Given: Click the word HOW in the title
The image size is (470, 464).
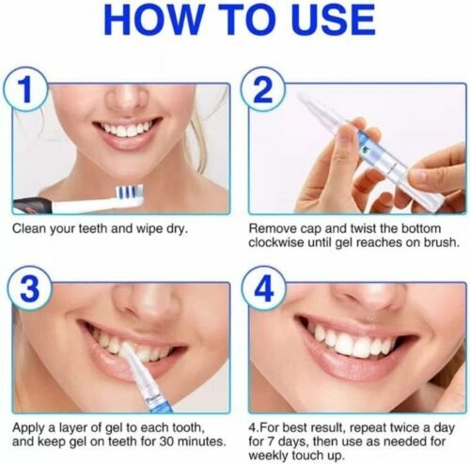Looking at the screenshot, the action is pyautogui.click(x=153, y=20).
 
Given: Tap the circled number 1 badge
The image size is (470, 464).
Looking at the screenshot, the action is pyautogui.click(x=25, y=90).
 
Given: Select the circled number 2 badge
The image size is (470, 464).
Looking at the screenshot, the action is pyautogui.click(x=263, y=90).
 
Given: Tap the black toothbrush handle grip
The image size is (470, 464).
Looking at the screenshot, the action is pyautogui.click(x=32, y=207).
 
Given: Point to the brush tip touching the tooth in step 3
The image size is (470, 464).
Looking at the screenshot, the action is pyautogui.click(x=126, y=348).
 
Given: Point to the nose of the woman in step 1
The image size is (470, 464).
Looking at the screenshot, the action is pyautogui.click(x=126, y=97).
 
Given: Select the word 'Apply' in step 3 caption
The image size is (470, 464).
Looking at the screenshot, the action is pyautogui.click(x=27, y=428).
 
